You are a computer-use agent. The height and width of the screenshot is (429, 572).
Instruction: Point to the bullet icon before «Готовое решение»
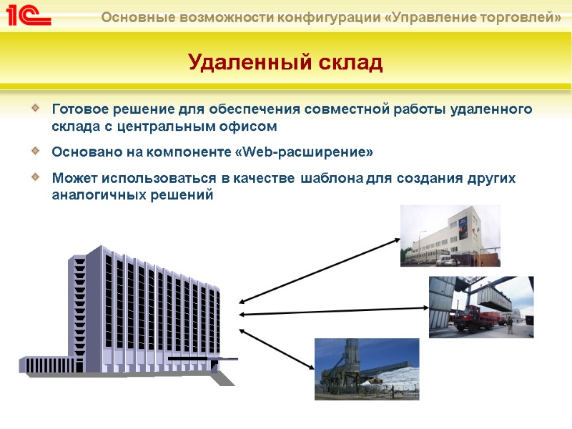click(36, 109)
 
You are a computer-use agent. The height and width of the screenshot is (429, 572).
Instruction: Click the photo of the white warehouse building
click(450, 235)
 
